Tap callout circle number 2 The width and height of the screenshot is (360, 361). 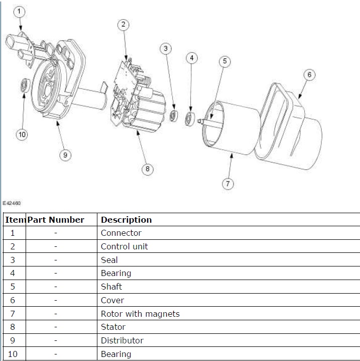point(124,24)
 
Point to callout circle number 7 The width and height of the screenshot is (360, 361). point(227,184)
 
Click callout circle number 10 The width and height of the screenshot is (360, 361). point(22,134)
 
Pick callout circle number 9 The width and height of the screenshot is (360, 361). point(65,155)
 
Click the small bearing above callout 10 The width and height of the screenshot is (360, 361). point(24,85)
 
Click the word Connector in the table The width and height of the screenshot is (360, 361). point(121,233)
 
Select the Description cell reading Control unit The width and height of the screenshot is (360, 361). point(125,246)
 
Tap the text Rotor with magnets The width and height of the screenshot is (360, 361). point(140,314)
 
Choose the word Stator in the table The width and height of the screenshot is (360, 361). point(113,327)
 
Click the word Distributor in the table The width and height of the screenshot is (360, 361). point(122,340)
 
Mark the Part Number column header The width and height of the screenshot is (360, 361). point(56,220)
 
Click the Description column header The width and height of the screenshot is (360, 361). point(126,220)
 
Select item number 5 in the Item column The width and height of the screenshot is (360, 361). point(13,287)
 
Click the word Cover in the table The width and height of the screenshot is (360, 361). point(112,300)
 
